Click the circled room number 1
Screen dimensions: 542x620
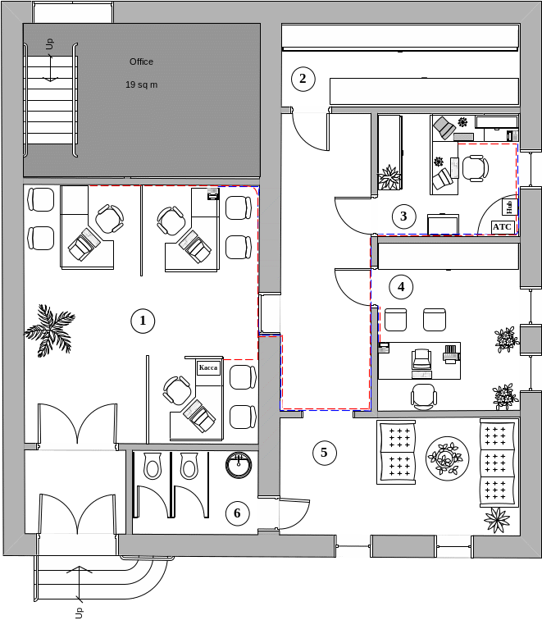143,321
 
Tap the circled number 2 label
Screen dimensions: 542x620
303,79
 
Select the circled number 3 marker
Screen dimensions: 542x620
403,217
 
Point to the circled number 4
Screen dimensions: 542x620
401,287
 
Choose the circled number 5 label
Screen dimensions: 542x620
325,453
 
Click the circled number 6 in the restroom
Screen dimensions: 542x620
237,513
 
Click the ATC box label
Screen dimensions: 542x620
503,227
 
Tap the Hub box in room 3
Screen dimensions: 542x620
509,207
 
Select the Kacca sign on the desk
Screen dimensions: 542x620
208,367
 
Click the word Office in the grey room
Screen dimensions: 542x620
141,62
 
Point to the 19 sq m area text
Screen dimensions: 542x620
142,84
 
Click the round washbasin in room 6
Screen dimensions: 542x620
239,465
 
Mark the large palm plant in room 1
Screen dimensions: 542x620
50,331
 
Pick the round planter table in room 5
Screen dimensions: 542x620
447,458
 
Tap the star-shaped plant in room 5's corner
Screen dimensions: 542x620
497,519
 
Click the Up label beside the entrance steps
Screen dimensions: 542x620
79,613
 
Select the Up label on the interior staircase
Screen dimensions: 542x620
49,44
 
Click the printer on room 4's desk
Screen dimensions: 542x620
451,354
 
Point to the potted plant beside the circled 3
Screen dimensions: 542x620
389,177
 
